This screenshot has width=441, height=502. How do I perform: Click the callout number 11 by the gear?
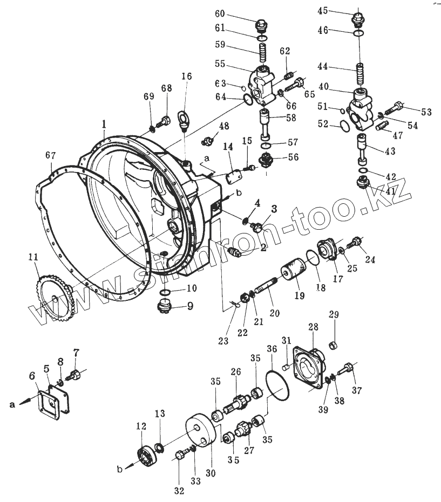(34, 258)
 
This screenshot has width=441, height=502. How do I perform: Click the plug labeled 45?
(358, 18)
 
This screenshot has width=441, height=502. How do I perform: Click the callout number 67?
(50, 155)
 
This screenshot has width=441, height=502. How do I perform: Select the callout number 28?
(313, 326)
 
